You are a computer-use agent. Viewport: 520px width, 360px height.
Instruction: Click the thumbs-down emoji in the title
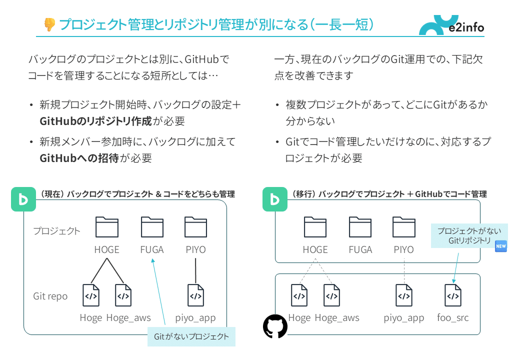pyautogui.click(x=49, y=24)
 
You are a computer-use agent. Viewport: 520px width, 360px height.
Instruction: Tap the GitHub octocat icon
pyautogui.click(x=275, y=326)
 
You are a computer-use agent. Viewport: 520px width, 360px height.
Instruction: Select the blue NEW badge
pyautogui.click(x=500, y=246)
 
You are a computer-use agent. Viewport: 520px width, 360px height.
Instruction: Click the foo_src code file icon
pyautogui.click(x=453, y=295)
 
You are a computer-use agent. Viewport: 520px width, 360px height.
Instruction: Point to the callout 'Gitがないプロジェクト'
pyautogui.click(x=191, y=336)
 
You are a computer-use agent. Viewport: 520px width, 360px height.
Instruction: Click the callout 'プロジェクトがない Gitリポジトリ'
pyautogui.click(x=469, y=235)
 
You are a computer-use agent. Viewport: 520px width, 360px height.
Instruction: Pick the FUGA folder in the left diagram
pyautogui.click(x=152, y=227)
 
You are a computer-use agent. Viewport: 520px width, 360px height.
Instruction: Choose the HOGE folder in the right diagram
pyautogui.click(x=315, y=227)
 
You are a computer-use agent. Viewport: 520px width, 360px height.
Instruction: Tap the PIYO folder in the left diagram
pyautogui.click(x=195, y=227)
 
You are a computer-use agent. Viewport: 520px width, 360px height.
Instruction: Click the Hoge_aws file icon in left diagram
pyautogui.click(x=123, y=295)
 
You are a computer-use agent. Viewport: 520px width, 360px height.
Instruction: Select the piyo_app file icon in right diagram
pyautogui.click(x=404, y=295)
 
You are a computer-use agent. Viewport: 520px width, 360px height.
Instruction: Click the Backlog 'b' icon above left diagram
pyautogui.click(x=23, y=199)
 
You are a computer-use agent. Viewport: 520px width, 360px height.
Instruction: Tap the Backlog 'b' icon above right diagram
pyautogui.click(x=274, y=199)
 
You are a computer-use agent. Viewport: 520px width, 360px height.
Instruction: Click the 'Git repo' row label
pyautogui.click(x=50, y=296)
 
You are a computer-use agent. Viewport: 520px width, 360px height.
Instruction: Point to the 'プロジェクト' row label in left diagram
pyautogui.click(x=56, y=231)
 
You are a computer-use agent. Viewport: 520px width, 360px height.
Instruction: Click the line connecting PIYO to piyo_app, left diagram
pyautogui.click(x=195, y=270)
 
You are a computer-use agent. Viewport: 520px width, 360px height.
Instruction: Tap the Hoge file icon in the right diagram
pyautogui.click(x=299, y=295)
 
